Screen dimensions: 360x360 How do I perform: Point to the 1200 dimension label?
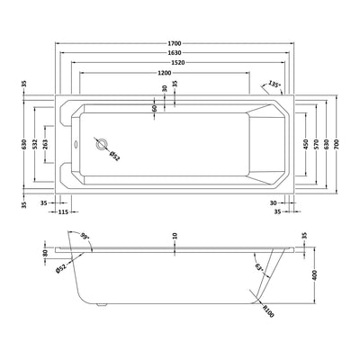click(x=163, y=72)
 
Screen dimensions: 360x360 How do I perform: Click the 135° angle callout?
click(x=274, y=85)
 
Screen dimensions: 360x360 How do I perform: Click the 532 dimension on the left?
click(x=36, y=144)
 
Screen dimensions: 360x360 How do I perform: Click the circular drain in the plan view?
click(x=102, y=143)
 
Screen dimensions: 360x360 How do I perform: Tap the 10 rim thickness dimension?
click(x=175, y=237)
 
